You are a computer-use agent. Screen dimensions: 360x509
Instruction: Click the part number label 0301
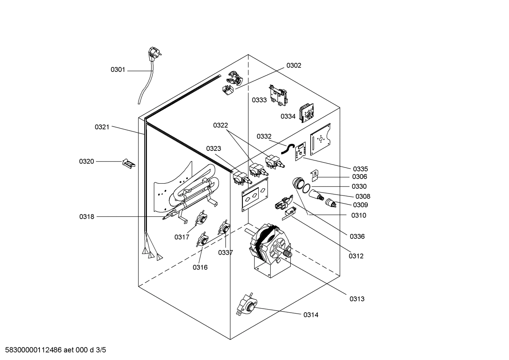[x=118, y=70]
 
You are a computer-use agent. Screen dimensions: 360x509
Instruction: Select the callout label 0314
[x=311, y=315]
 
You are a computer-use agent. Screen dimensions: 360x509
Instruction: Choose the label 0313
[x=357, y=299]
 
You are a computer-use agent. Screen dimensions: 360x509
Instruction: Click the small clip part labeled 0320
[x=128, y=163]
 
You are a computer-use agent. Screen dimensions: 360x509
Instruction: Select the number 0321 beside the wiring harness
[x=102, y=127]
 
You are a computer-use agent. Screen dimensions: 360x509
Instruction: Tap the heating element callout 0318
[x=86, y=217]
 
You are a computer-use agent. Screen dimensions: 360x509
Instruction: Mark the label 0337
[x=225, y=252]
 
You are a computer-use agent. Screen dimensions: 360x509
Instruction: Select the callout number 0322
[x=220, y=125]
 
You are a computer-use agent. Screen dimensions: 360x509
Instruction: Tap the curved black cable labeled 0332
[x=287, y=148]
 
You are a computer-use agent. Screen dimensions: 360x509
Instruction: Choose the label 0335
[x=360, y=169]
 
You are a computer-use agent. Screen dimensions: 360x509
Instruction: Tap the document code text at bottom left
[x=53, y=350]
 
